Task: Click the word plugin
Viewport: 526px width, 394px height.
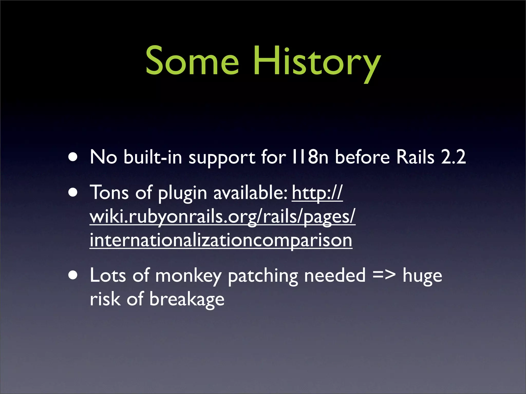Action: click(182, 193)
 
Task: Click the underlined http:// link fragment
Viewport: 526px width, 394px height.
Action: click(317, 193)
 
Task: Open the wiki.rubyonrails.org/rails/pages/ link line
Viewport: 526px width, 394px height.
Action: click(222, 217)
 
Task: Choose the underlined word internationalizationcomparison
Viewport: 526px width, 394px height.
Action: click(221, 240)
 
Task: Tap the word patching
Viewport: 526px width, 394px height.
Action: click(263, 276)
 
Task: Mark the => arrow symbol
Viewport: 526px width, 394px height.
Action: click(384, 275)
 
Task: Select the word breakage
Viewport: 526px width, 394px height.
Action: click(187, 299)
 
